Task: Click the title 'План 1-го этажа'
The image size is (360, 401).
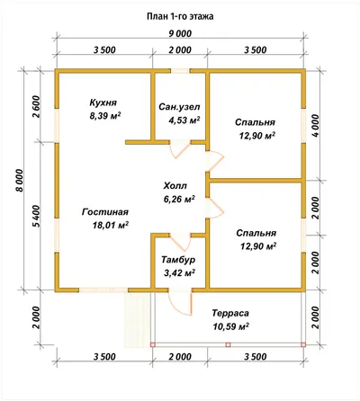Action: click(x=180, y=16)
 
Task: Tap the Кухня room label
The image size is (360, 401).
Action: click(x=103, y=102)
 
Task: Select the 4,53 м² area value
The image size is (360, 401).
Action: click(x=184, y=120)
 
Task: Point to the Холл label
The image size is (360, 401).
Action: click(x=175, y=186)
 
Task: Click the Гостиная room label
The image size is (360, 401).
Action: click(x=105, y=212)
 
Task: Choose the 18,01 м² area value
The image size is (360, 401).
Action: click(x=111, y=225)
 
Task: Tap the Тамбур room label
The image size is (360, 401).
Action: click(x=178, y=260)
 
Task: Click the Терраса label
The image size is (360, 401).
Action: click(x=230, y=313)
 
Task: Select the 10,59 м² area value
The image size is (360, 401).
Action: click(x=231, y=326)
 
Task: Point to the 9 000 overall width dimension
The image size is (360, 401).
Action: click(x=180, y=33)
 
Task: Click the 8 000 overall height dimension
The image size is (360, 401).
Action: click(x=19, y=181)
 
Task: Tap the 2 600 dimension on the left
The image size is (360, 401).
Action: click(x=36, y=106)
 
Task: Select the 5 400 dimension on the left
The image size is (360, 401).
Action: click(x=36, y=217)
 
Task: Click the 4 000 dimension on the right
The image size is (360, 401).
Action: click(x=315, y=126)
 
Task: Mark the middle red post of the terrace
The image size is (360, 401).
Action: click(x=228, y=344)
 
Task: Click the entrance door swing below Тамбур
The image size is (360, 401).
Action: click(x=180, y=303)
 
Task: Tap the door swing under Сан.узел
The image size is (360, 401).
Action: click(x=180, y=149)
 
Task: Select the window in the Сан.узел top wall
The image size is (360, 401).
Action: click(x=180, y=71)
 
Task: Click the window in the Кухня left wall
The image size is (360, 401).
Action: click(x=57, y=125)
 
